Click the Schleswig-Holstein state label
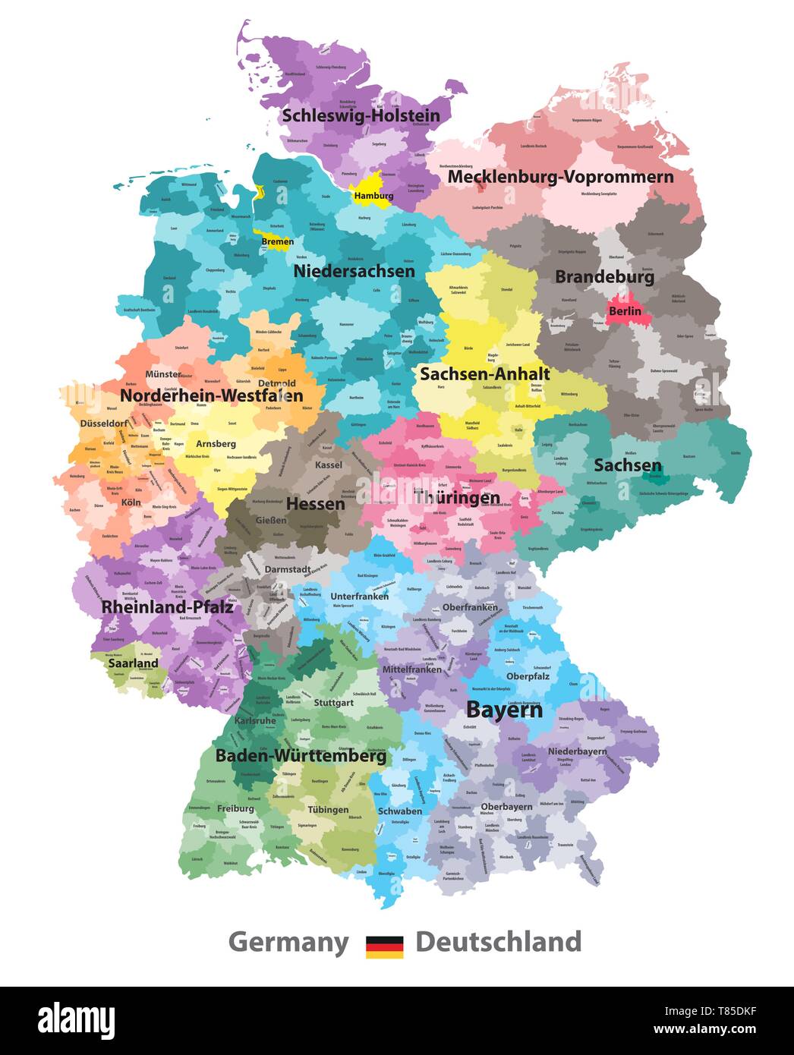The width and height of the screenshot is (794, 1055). [x=361, y=116]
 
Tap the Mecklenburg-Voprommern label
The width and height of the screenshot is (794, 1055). [x=560, y=177]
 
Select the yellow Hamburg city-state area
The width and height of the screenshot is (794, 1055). [x=370, y=184]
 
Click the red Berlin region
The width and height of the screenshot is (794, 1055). [x=624, y=310]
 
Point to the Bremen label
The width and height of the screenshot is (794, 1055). [x=277, y=242]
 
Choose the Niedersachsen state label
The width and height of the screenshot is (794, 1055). [x=354, y=271]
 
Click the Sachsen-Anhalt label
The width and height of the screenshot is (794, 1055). [x=485, y=373]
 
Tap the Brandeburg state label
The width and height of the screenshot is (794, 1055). [x=604, y=277]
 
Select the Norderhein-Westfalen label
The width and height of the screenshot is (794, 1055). [x=211, y=395]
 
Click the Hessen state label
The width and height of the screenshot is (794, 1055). [x=315, y=504]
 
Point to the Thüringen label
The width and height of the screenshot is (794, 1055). [x=456, y=498]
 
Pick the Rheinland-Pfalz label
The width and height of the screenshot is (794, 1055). [x=167, y=607]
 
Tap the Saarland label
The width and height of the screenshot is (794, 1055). [x=133, y=663]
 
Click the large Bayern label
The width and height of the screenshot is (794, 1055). [x=504, y=710]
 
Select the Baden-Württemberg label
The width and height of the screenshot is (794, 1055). [x=301, y=756]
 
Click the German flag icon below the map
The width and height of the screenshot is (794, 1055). [x=384, y=946]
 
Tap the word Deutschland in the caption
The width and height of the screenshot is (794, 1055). [x=498, y=942]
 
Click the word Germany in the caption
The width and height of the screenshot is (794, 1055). [x=288, y=942]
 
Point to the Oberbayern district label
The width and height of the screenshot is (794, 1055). [x=506, y=806]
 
